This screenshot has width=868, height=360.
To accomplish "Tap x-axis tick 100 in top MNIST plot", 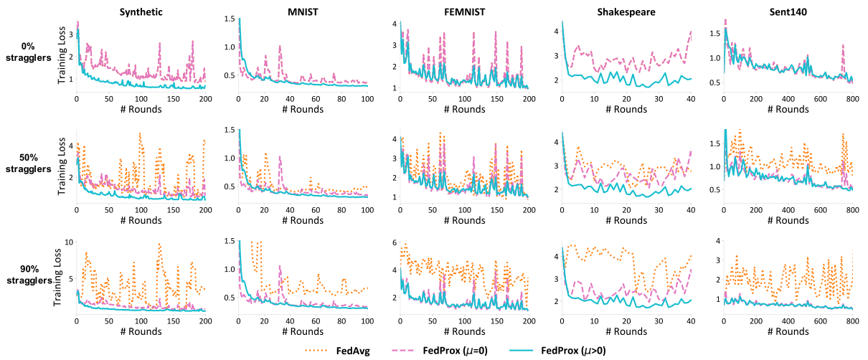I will tap(367, 98).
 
